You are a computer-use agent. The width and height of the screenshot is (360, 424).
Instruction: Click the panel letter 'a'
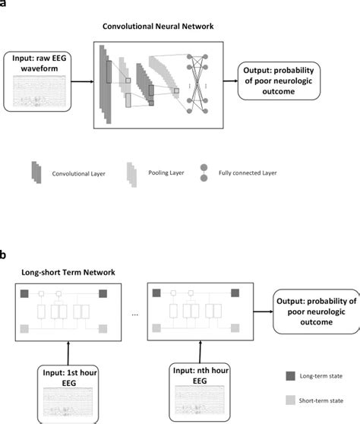[4, 3]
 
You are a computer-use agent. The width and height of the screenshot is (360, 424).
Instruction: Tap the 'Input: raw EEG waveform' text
[40, 65]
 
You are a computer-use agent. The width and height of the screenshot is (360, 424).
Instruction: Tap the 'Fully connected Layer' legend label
[247, 172]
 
